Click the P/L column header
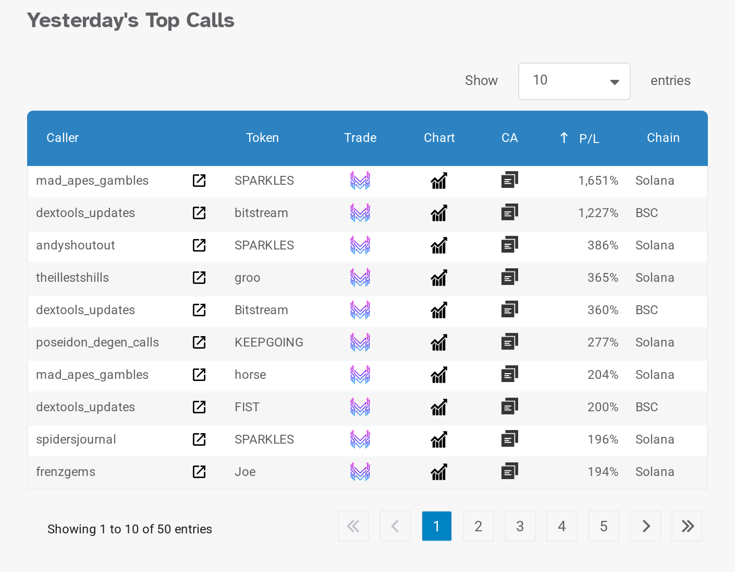pyautogui.click(x=589, y=138)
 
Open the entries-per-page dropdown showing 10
pyautogui.click(x=574, y=81)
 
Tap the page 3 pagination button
pyautogui.click(x=520, y=526)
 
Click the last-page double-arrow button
pyautogui.click(x=687, y=526)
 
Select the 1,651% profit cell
pyautogui.click(x=598, y=181)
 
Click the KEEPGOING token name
pyautogui.click(x=268, y=342)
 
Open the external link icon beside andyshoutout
pyautogui.click(x=199, y=245)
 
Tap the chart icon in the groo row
pyautogui.click(x=439, y=278)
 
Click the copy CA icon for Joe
pyautogui.click(x=509, y=472)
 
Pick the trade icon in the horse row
pyautogui.click(x=360, y=375)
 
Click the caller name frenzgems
pyautogui.click(x=66, y=472)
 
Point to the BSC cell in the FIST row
pyautogui.click(x=646, y=407)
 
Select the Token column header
pyautogui.click(x=262, y=138)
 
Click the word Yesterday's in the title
pyautogui.click(x=82, y=20)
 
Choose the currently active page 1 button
pyautogui.click(x=436, y=526)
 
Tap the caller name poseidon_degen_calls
pyautogui.click(x=97, y=342)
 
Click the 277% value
pyautogui.click(x=603, y=342)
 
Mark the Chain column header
pyautogui.click(x=663, y=138)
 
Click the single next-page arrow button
pyautogui.click(x=645, y=526)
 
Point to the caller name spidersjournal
pyautogui.click(x=76, y=439)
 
